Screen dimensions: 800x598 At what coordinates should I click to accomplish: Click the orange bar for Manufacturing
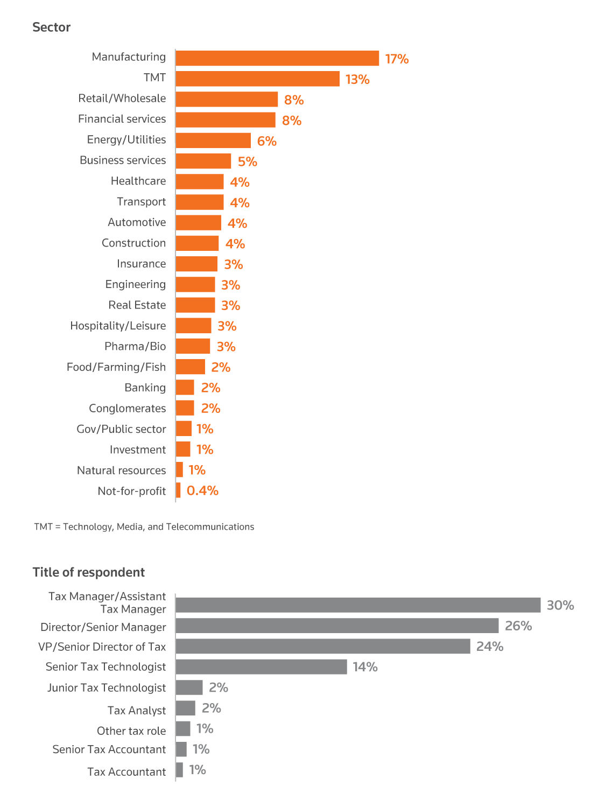277,58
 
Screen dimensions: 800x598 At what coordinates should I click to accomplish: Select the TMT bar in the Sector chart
257,79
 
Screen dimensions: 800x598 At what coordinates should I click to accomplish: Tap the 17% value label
397,59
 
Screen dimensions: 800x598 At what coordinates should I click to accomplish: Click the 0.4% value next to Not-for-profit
202,490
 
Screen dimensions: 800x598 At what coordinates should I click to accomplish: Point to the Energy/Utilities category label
126,140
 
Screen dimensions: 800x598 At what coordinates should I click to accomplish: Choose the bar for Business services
203,161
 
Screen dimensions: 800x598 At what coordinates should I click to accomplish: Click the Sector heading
51,27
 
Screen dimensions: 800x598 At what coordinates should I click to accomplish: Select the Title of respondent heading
89,572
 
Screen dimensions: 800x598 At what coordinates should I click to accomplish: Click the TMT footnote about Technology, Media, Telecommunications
144,527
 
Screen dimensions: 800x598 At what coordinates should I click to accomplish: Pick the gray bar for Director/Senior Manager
337,626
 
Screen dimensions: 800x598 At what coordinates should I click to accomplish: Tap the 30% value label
560,605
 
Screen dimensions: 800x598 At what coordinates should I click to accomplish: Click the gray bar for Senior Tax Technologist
261,666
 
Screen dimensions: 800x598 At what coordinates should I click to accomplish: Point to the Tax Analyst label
137,711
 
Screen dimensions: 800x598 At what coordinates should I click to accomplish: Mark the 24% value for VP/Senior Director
490,646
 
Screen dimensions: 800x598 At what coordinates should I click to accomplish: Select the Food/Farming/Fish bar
191,367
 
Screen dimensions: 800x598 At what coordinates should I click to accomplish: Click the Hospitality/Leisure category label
118,326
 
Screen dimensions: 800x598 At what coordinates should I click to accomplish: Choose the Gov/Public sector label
121,429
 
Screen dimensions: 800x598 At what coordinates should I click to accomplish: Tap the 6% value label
266,141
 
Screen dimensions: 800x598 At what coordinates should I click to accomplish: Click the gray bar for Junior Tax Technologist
189,687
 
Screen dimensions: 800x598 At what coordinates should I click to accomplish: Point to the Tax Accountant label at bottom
126,772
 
